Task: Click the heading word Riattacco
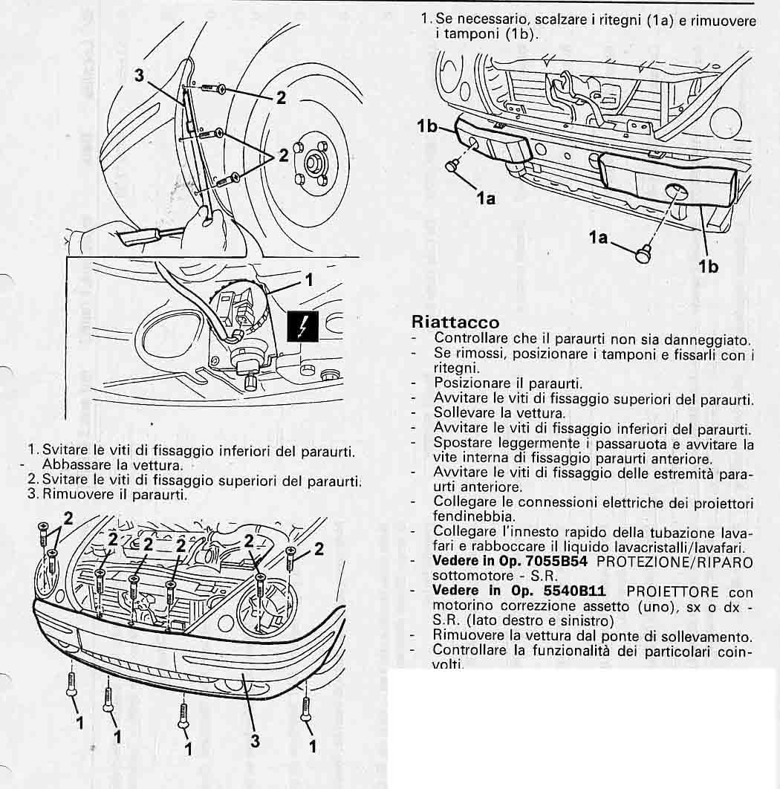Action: (455, 322)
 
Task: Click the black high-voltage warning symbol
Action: (303, 326)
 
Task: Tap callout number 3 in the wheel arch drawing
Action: (139, 76)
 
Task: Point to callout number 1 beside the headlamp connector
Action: (310, 280)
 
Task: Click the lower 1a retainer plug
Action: (643, 253)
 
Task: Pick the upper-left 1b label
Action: (427, 126)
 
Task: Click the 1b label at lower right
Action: (708, 266)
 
